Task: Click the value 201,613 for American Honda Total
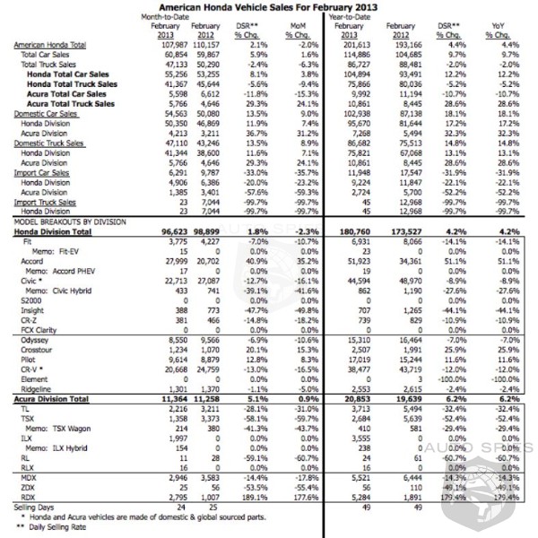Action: coord(350,44)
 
